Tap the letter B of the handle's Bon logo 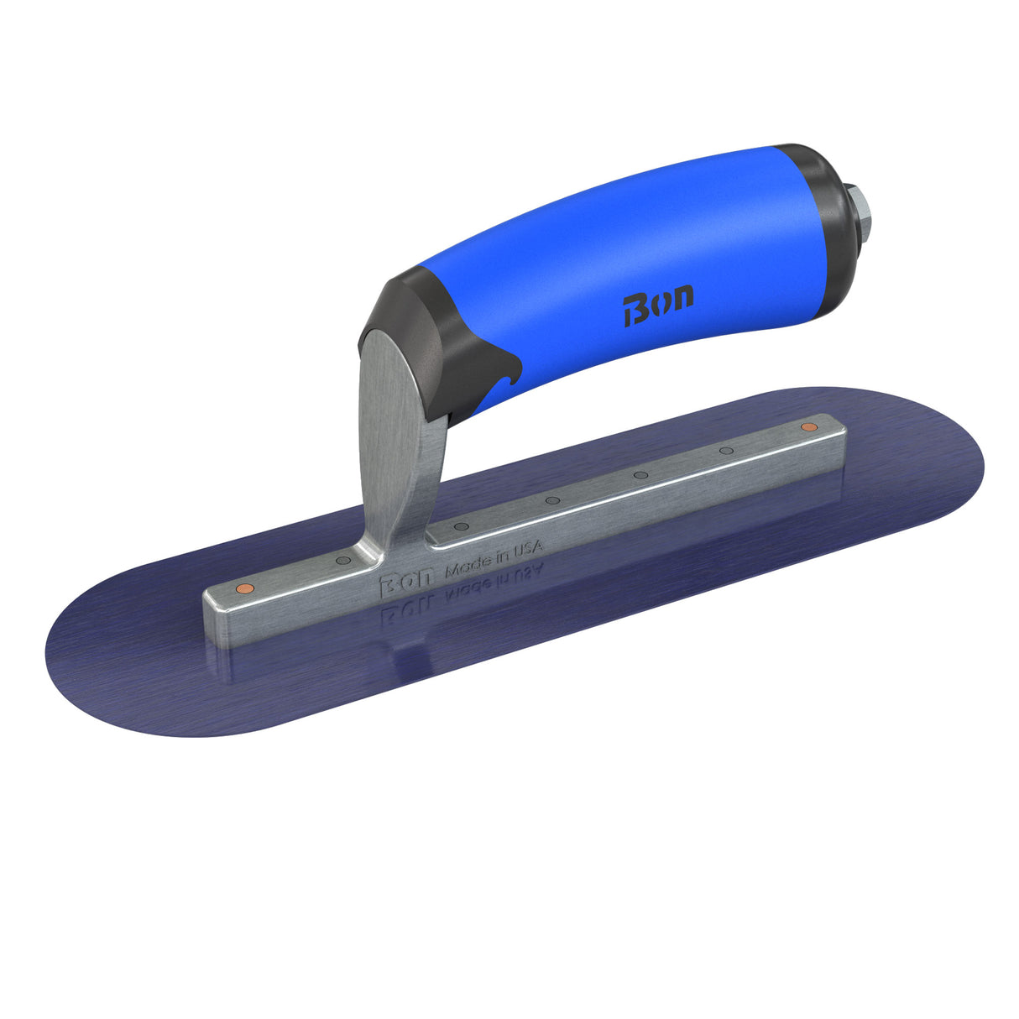[635, 312]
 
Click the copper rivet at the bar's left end [243, 587]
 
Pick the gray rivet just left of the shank [342, 560]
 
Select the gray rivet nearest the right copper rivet [726, 451]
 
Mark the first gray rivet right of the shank [460, 527]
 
